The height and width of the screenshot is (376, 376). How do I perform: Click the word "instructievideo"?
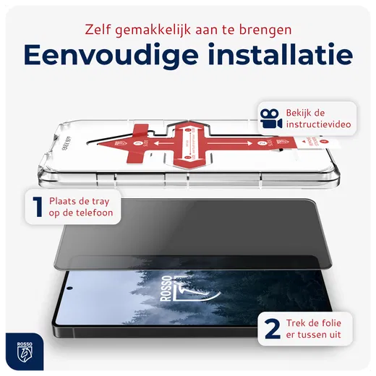point(319,125)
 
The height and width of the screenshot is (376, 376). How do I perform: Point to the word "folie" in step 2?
point(340,322)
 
